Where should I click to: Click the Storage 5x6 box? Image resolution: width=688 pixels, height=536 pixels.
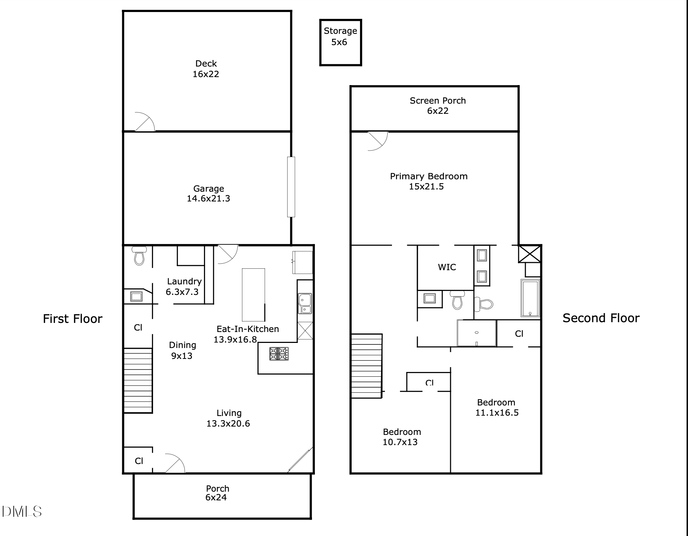pyautogui.click(x=340, y=43)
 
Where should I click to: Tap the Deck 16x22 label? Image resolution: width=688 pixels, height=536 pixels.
pyautogui.click(x=206, y=69)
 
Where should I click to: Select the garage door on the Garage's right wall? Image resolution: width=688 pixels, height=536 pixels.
pyautogui.click(x=291, y=187)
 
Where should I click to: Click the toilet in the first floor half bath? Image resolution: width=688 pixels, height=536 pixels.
pyautogui.click(x=139, y=255)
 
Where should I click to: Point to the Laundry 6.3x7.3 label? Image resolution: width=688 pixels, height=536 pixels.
pyautogui.click(x=184, y=287)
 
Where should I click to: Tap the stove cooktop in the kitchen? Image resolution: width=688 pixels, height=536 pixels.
pyautogui.click(x=279, y=354)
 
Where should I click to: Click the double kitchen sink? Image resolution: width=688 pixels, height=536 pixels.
pyautogui.click(x=305, y=303)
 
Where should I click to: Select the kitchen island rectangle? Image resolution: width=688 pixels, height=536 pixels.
pyautogui.click(x=253, y=295)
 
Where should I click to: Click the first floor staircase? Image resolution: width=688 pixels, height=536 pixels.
pyautogui.click(x=138, y=380)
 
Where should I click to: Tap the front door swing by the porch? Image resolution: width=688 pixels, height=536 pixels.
pyautogui.click(x=175, y=464)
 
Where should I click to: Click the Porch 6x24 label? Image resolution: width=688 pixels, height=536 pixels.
pyautogui.click(x=217, y=493)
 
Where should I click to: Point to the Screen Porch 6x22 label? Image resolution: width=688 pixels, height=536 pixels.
pyautogui.click(x=437, y=105)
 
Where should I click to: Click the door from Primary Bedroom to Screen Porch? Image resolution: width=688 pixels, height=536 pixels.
pyautogui.click(x=378, y=140)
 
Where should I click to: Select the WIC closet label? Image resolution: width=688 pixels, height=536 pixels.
pyautogui.click(x=447, y=267)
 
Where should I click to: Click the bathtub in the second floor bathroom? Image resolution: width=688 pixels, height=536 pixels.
pyautogui.click(x=530, y=298)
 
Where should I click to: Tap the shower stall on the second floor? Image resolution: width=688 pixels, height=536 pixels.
pyautogui.click(x=476, y=333)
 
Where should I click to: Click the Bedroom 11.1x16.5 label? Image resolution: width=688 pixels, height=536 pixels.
pyautogui.click(x=496, y=407)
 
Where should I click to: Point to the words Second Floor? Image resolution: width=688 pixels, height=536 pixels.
pyautogui.click(x=601, y=318)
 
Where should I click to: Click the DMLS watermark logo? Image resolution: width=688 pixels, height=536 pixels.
pyautogui.click(x=22, y=512)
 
